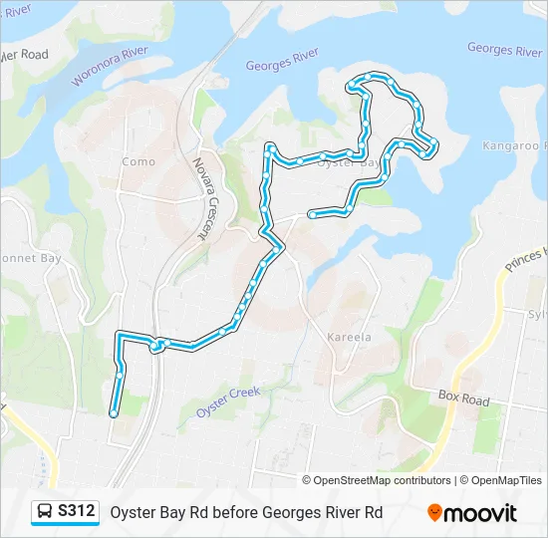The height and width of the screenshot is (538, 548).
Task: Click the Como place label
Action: click(138, 161)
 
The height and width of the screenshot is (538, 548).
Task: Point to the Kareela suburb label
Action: click(349, 337)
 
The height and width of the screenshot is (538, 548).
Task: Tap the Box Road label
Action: click(464, 400)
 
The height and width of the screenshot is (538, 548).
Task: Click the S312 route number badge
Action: click(77, 511)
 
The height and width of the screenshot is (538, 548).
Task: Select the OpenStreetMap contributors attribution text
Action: click(382, 480)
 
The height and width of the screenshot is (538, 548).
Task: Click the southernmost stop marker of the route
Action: click(114, 412)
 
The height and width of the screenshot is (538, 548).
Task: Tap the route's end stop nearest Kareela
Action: click(312, 214)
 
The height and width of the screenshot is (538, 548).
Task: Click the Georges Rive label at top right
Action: click(504, 49)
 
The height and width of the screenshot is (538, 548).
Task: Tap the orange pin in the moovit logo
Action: click(435, 513)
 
